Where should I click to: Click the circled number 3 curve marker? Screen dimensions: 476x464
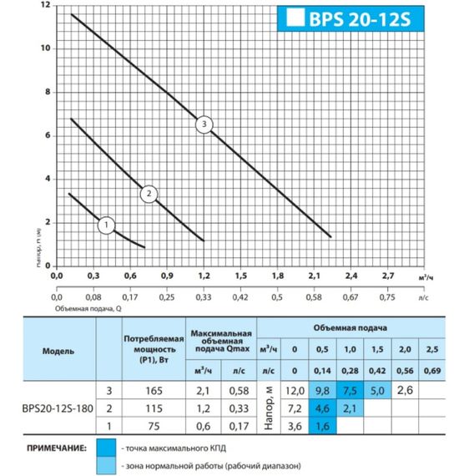click(205, 124)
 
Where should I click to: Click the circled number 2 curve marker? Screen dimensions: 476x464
click(149, 194)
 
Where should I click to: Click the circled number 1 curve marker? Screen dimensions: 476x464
click(107, 225)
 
